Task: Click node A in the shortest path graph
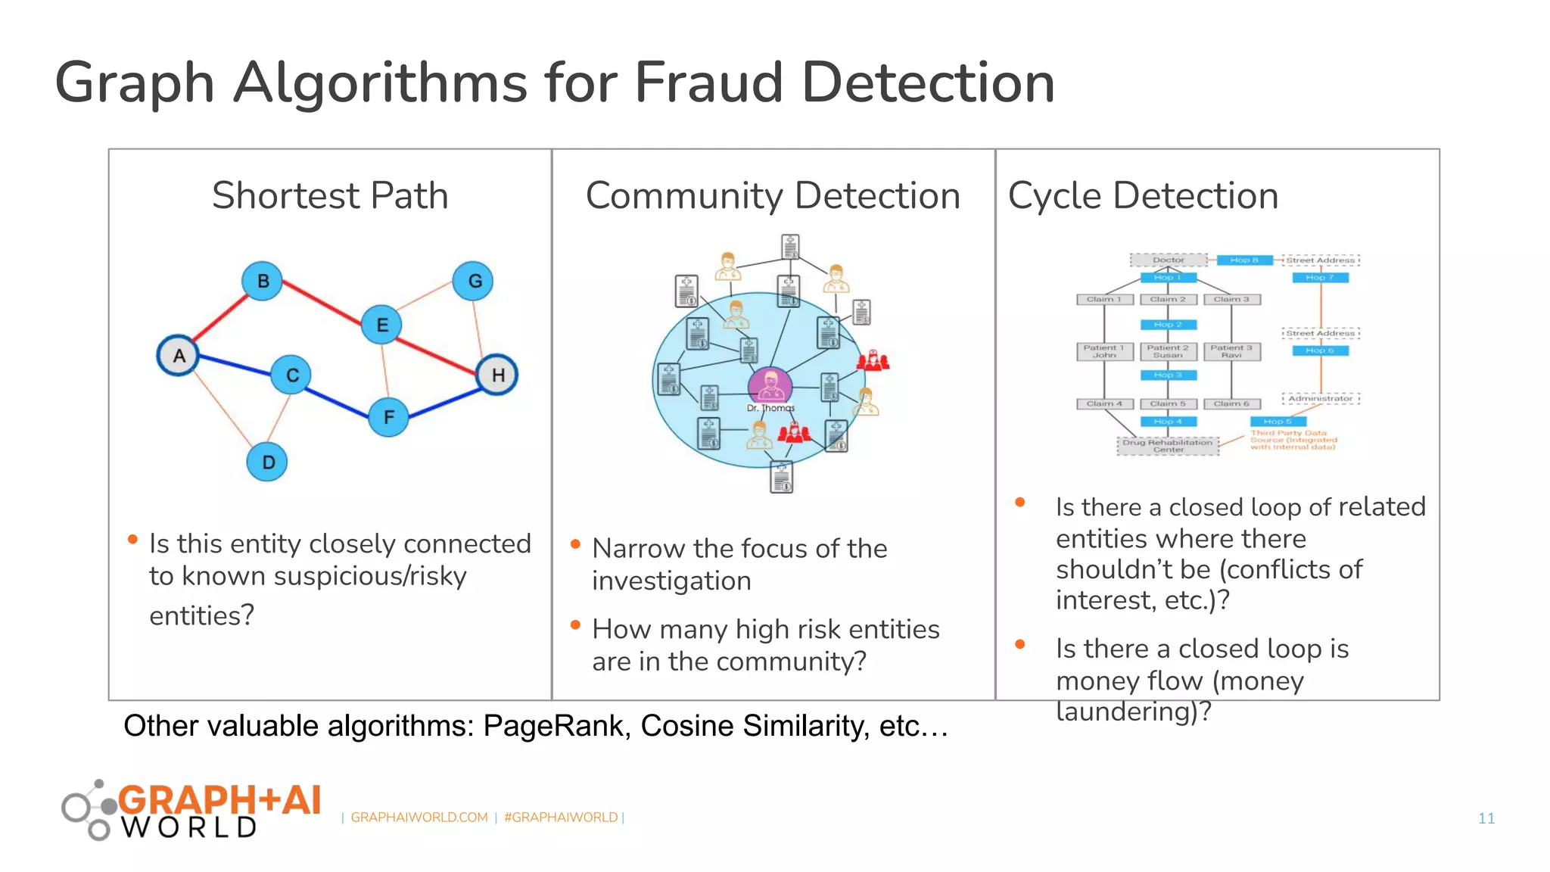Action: pyautogui.click(x=179, y=356)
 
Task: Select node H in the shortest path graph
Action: pyautogui.click(x=497, y=375)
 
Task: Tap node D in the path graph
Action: pyautogui.click(x=267, y=462)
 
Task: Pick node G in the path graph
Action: pyautogui.click(x=474, y=281)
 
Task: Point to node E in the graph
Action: pyautogui.click(x=381, y=325)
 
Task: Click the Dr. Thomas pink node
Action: pyautogui.click(x=770, y=385)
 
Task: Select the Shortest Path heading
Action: pyautogui.click(x=330, y=195)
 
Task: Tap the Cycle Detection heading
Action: pyautogui.click(x=1143, y=195)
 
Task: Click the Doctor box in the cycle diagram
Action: pyautogui.click(x=1169, y=260)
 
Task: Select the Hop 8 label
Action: pyautogui.click(x=1244, y=260)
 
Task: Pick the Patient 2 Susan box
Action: pyautogui.click(x=1168, y=351)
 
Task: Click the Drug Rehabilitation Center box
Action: pyautogui.click(x=1168, y=446)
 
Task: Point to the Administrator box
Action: pyautogui.click(x=1321, y=398)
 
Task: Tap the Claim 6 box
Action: pyautogui.click(x=1231, y=404)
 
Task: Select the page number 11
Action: pyautogui.click(x=1486, y=818)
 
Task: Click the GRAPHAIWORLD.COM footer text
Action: pyautogui.click(x=419, y=817)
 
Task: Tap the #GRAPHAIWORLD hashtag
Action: pyautogui.click(x=561, y=817)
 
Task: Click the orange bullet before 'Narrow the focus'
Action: pyautogui.click(x=575, y=544)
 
